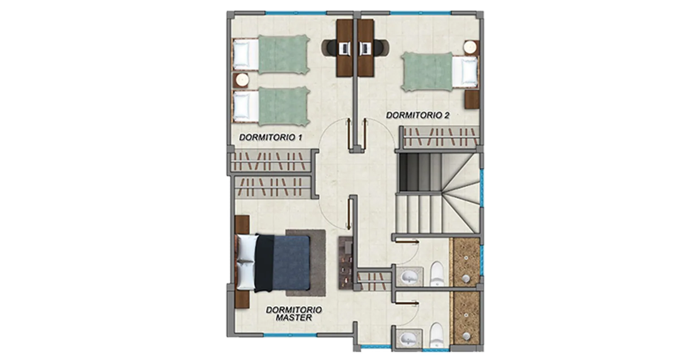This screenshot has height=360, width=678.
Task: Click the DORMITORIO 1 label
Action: (271, 138)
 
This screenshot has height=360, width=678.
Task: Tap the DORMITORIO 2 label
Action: (418, 115)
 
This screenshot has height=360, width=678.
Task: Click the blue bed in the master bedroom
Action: (273, 263)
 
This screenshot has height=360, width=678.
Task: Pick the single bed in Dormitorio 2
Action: (440, 72)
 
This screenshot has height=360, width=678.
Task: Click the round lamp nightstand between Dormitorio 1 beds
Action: (242, 80)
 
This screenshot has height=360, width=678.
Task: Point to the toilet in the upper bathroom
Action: (437, 274)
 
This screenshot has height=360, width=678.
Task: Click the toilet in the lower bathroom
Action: (437, 335)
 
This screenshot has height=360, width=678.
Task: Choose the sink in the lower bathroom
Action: (409, 338)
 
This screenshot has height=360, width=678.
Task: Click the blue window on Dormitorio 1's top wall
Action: (296, 13)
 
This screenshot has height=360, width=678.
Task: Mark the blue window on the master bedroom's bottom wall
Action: (290, 335)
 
